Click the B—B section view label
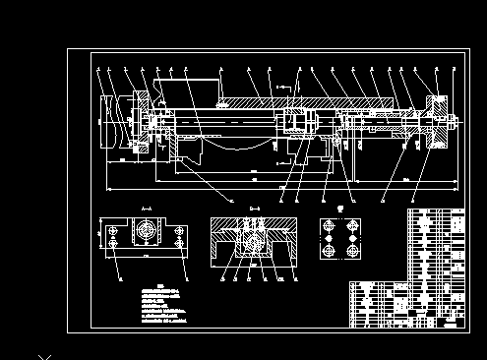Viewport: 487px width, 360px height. pyautogui.click(x=254, y=209)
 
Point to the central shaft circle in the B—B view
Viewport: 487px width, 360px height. pyautogui.click(x=254, y=240)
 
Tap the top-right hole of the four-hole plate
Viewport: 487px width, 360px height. pyautogui.click(x=352, y=225)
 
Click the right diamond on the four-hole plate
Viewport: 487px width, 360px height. pyautogui.click(x=352, y=238)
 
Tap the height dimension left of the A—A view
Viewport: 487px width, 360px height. pyautogui.click(x=101, y=236)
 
